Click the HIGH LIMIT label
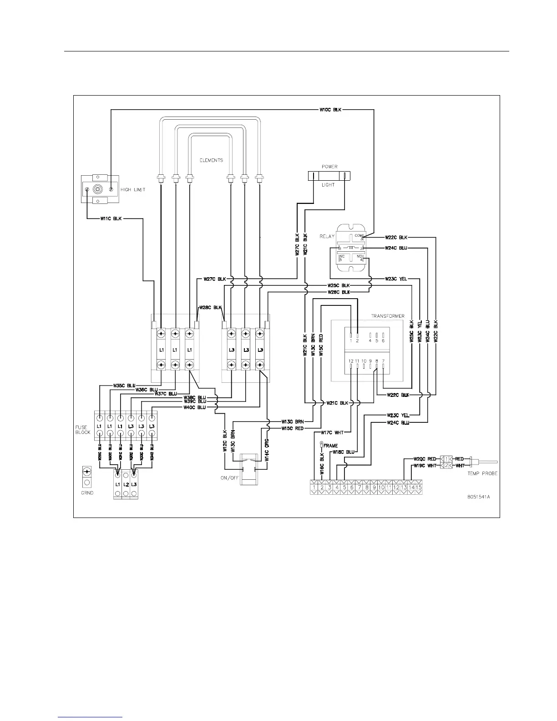133,189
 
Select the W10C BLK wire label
330,110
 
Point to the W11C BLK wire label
111,218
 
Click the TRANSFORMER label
387,316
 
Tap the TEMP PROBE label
482,473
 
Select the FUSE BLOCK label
83,430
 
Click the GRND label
86,493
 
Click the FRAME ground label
331,446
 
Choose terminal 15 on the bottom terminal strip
419,487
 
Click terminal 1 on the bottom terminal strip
314,487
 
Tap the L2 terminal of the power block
126,484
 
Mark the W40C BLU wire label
195,407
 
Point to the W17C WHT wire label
332,432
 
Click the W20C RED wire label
425,459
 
